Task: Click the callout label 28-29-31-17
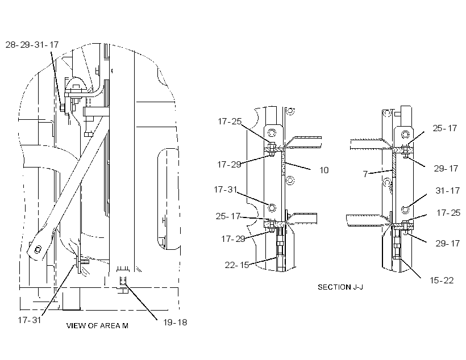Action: (32, 45)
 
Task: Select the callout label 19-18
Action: (175, 323)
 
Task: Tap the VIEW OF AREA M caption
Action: (97, 326)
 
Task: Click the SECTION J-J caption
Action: (340, 287)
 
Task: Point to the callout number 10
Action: (324, 170)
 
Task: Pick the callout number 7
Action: (365, 174)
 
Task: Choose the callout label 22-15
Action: (237, 265)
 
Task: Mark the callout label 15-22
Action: (442, 281)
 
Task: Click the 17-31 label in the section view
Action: (226, 190)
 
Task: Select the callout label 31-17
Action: (448, 190)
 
